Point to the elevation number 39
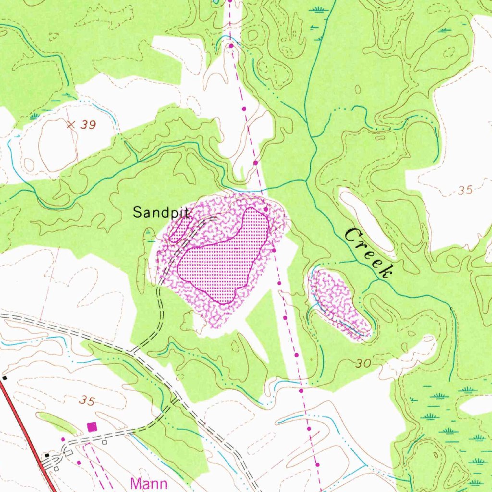[x=88, y=125]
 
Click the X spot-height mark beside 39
[x=71, y=125]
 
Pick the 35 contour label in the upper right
[x=465, y=190]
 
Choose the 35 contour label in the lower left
[x=87, y=400]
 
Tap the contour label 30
[x=364, y=364]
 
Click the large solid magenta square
[x=92, y=426]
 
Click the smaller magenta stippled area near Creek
[x=339, y=303]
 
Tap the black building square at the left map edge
[x=4, y=378]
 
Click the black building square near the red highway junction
[x=47, y=455]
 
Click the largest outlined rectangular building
[x=69, y=452]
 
